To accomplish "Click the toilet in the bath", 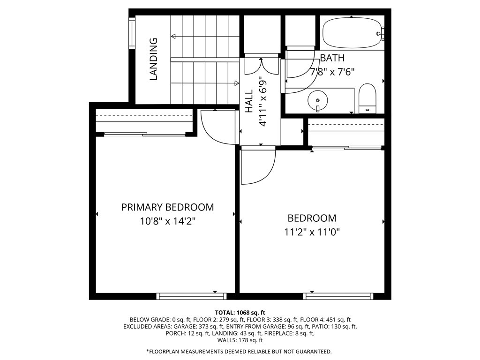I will pyautogui.click(x=367, y=98).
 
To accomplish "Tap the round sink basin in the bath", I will pyautogui.click(x=318, y=99).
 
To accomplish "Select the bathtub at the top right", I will pyautogui.click(x=352, y=33).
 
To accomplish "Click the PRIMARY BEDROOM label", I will pyautogui.click(x=167, y=207).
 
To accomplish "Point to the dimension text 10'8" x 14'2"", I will pyautogui.click(x=167, y=221).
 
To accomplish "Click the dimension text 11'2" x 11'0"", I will pyautogui.click(x=311, y=232).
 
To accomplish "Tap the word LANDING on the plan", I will pyautogui.click(x=153, y=59).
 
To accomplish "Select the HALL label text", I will pyautogui.click(x=249, y=101).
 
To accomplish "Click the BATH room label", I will pyautogui.click(x=332, y=58).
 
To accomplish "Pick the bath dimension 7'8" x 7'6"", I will pyautogui.click(x=333, y=72).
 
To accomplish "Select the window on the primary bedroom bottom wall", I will pyautogui.click(x=191, y=296).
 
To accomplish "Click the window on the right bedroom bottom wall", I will pyautogui.click(x=338, y=296).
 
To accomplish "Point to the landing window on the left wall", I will pyautogui.click(x=132, y=33).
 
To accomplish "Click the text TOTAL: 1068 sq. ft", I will pyautogui.click(x=240, y=312).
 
